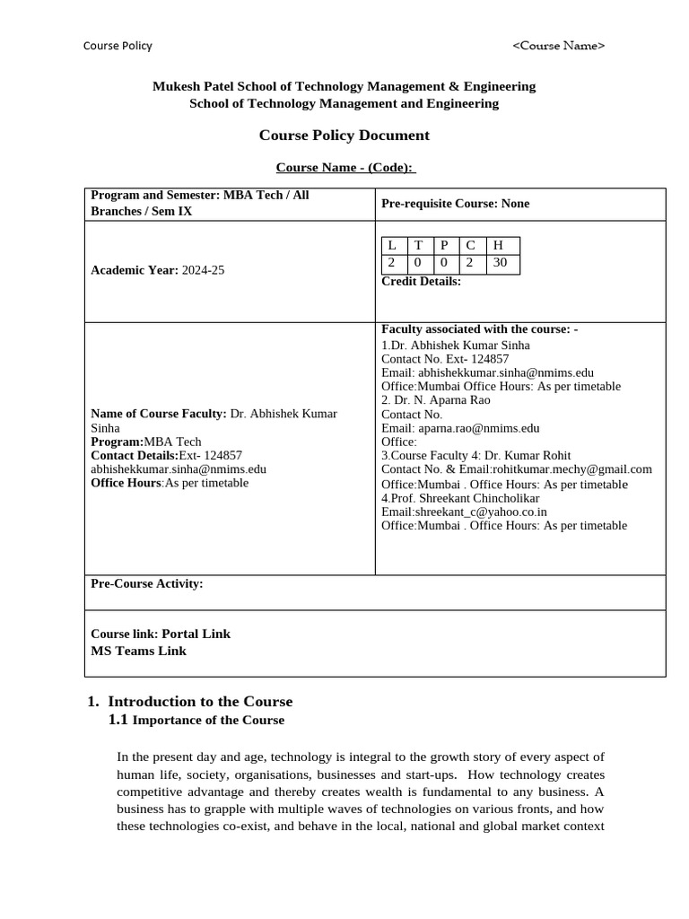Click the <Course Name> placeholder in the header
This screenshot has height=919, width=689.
coord(558,46)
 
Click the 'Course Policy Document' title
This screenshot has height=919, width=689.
coord(344,136)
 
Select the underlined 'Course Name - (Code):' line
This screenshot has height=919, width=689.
coord(345,168)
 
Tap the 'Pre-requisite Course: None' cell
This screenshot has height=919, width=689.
coord(455,204)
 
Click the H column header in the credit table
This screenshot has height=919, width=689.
coord(498,246)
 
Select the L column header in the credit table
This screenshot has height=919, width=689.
coord(392,246)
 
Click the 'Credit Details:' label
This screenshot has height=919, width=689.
coord(421,281)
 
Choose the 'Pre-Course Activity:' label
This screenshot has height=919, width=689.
coord(147,584)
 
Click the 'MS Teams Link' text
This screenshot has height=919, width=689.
coord(138,652)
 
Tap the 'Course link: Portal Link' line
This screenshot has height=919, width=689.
coord(161,634)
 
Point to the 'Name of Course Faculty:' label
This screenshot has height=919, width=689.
coord(158,414)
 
